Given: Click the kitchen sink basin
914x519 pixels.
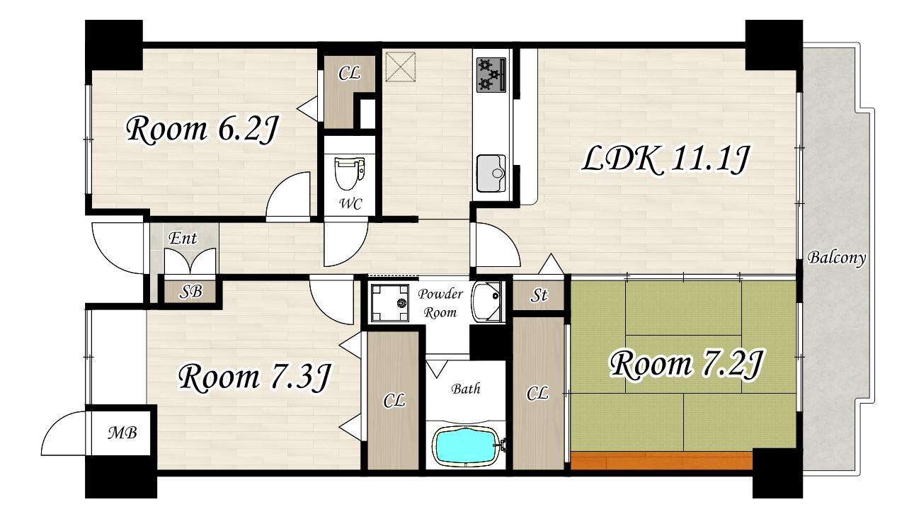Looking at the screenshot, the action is [x=491, y=173].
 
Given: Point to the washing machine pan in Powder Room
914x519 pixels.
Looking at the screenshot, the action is [x=389, y=303].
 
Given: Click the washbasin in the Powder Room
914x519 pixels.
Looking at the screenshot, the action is [x=487, y=302].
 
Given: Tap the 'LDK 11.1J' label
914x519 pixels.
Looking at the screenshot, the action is [x=665, y=160].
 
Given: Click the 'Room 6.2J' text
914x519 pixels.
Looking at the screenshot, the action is [x=202, y=130].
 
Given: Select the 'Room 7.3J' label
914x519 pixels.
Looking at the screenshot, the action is [x=253, y=378].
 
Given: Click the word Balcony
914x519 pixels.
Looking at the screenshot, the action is [x=836, y=258].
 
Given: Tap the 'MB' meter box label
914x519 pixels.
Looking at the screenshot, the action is [x=122, y=433].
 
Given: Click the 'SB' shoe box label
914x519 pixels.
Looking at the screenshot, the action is [x=190, y=292].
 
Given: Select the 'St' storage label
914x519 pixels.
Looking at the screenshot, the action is [x=539, y=295].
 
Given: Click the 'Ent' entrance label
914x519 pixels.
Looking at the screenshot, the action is [x=183, y=238].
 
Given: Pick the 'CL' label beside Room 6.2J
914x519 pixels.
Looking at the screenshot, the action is [x=349, y=74].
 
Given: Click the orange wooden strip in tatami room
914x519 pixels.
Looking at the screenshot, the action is [x=661, y=460].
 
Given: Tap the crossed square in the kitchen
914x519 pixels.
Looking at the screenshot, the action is [x=400, y=67].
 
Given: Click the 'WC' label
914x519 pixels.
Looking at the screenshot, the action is [x=351, y=204].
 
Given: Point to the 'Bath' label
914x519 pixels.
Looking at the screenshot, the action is [x=466, y=389].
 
